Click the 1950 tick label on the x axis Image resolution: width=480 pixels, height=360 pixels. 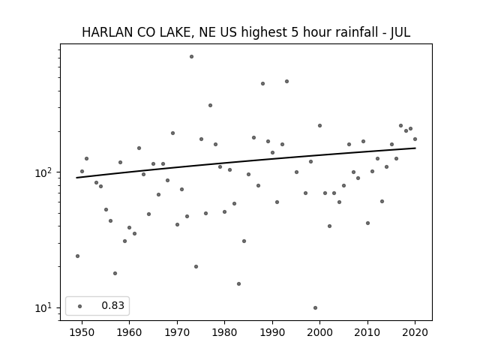coord(82,332)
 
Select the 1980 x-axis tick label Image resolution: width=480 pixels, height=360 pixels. coord(224,332)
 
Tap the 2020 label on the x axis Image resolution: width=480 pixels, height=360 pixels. coord(415,332)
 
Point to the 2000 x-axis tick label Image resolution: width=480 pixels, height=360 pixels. coord(320,332)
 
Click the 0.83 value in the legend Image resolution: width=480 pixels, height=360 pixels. coord(113,305)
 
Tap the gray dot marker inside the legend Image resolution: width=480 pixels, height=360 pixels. coord(80,306)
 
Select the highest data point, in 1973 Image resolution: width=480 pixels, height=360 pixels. coord(192,57)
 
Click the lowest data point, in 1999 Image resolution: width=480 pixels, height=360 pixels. coord(315,308)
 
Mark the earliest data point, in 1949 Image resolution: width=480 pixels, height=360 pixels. coord(77,256)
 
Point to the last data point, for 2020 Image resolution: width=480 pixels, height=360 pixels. coord(415,139)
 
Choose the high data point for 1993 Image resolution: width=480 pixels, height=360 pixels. coord(286,82)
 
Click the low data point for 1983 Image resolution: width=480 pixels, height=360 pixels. coord(238,284)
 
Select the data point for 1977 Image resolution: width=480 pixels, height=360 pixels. coord(210,106)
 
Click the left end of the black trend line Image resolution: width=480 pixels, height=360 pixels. coord(76,178)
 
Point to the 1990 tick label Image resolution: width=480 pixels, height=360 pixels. coord(272,332)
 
